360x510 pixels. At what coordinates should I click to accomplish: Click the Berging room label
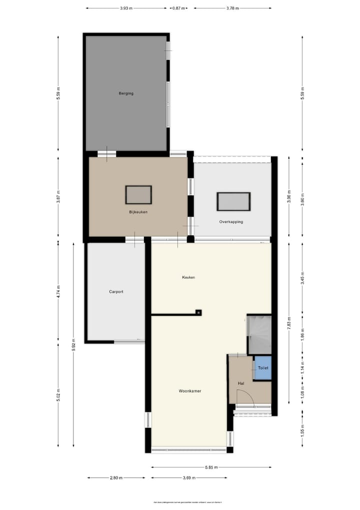(x=126, y=94)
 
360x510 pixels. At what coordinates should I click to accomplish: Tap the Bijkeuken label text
(x=138, y=212)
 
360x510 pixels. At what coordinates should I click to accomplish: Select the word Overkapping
(x=231, y=222)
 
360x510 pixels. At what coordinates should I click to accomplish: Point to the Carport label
(x=116, y=291)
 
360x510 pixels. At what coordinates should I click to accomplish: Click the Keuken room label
(x=188, y=277)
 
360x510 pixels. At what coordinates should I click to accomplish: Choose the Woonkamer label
(x=190, y=391)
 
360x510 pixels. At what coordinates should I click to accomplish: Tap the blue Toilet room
(x=263, y=368)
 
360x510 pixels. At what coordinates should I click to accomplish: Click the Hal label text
(x=241, y=383)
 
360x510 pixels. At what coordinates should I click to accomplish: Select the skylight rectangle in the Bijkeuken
(x=138, y=195)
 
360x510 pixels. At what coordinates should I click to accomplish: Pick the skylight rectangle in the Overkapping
(x=233, y=201)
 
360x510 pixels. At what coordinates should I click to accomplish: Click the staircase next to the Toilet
(x=259, y=333)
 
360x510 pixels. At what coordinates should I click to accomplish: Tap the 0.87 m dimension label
(x=179, y=8)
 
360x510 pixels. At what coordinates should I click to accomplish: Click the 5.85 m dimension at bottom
(x=211, y=467)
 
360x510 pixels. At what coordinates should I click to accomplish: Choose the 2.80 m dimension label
(x=116, y=478)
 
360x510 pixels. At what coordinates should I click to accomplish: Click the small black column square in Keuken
(x=198, y=313)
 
